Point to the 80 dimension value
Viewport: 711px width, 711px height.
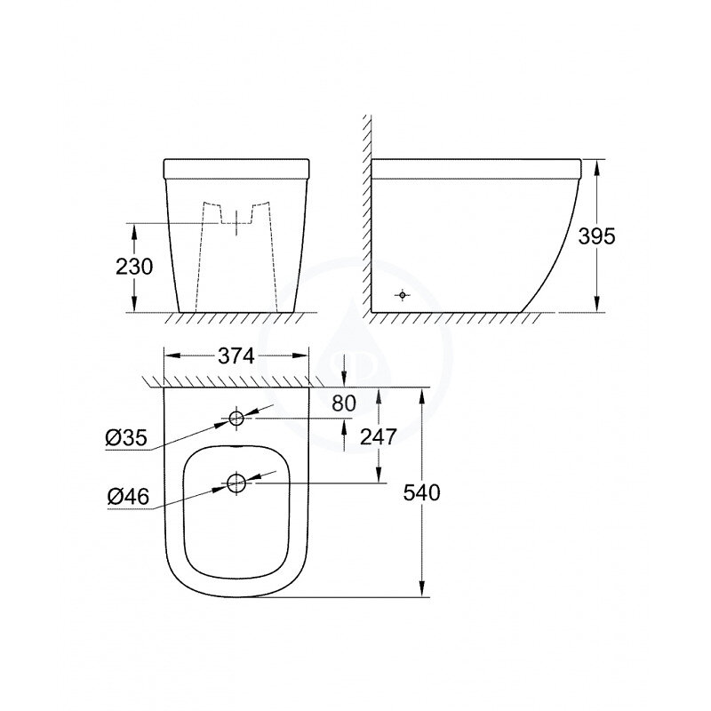[343, 403]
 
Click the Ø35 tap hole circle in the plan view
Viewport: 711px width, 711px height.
[237, 419]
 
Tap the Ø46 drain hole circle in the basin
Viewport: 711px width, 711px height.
[237, 483]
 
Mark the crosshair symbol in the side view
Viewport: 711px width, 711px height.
[403, 295]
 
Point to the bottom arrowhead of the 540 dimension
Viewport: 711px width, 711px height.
[420, 588]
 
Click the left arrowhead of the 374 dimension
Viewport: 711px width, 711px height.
[172, 355]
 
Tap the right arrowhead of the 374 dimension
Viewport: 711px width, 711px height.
[304, 355]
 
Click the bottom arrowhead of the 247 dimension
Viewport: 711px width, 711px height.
[379, 476]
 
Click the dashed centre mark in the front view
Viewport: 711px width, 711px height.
[237, 223]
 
